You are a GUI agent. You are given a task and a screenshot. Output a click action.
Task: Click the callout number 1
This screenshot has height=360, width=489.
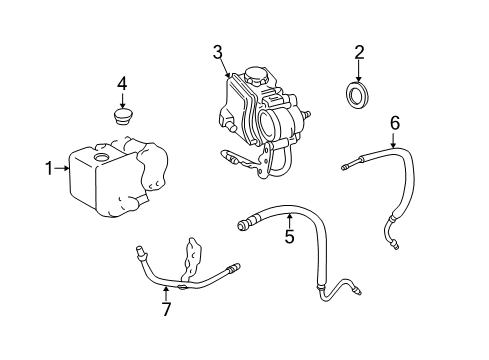tap(47, 168)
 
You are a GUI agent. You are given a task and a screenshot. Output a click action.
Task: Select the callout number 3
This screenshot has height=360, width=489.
tap(216, 52)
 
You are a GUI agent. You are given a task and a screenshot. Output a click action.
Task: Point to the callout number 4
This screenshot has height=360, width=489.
tap(122, 82)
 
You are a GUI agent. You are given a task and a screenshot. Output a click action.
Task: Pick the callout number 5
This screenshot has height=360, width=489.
tap(289, 238)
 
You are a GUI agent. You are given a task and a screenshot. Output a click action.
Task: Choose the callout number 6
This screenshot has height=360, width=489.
tap(395, 122)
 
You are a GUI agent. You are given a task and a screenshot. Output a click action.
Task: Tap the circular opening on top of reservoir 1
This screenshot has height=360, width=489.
tap(100, 158)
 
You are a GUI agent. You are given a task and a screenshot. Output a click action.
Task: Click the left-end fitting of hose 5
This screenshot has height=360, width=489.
tap(243, 226)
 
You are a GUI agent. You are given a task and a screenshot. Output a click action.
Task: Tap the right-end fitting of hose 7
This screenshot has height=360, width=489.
tap(232, 268)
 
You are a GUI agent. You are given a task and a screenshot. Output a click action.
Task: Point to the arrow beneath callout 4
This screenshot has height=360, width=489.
tap(122, 101)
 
